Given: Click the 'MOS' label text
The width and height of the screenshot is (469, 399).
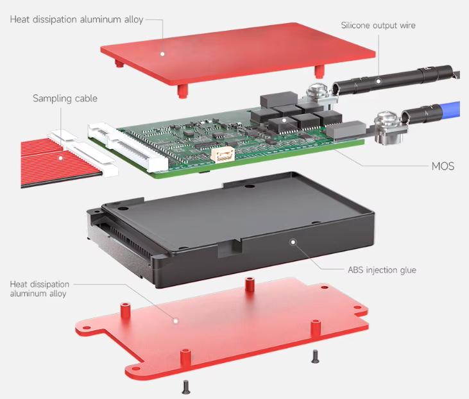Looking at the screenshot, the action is click(443, 166).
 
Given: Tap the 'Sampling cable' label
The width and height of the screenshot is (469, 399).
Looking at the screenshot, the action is click(65, 98).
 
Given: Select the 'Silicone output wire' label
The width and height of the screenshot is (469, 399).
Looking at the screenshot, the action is click(378, 25).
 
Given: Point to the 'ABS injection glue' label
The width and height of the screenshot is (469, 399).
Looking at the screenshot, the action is click(382, 270).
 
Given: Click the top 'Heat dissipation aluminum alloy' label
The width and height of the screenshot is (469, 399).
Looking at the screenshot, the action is click(76, 19).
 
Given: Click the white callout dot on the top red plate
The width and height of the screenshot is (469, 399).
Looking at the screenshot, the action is click(162, 54).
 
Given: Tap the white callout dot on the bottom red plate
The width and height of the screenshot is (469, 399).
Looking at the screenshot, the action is click(176, 321).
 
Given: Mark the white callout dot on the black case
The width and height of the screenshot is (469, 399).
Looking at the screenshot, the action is click(293, 242).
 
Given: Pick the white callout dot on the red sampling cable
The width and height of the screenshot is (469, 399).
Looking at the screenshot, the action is click(61, 158).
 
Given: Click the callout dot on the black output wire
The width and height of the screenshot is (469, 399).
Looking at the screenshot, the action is click(379, 81).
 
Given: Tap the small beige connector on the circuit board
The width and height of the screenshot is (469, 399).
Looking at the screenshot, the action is click(223, 155).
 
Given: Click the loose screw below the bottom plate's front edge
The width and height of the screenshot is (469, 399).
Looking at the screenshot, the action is click(186, 387).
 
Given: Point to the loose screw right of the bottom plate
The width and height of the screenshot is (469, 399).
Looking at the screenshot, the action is click(315, 357).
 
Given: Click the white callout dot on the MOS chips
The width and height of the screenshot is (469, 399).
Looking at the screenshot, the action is click(284, 120).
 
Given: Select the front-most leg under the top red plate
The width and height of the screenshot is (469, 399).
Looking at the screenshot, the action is click(182, 91).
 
